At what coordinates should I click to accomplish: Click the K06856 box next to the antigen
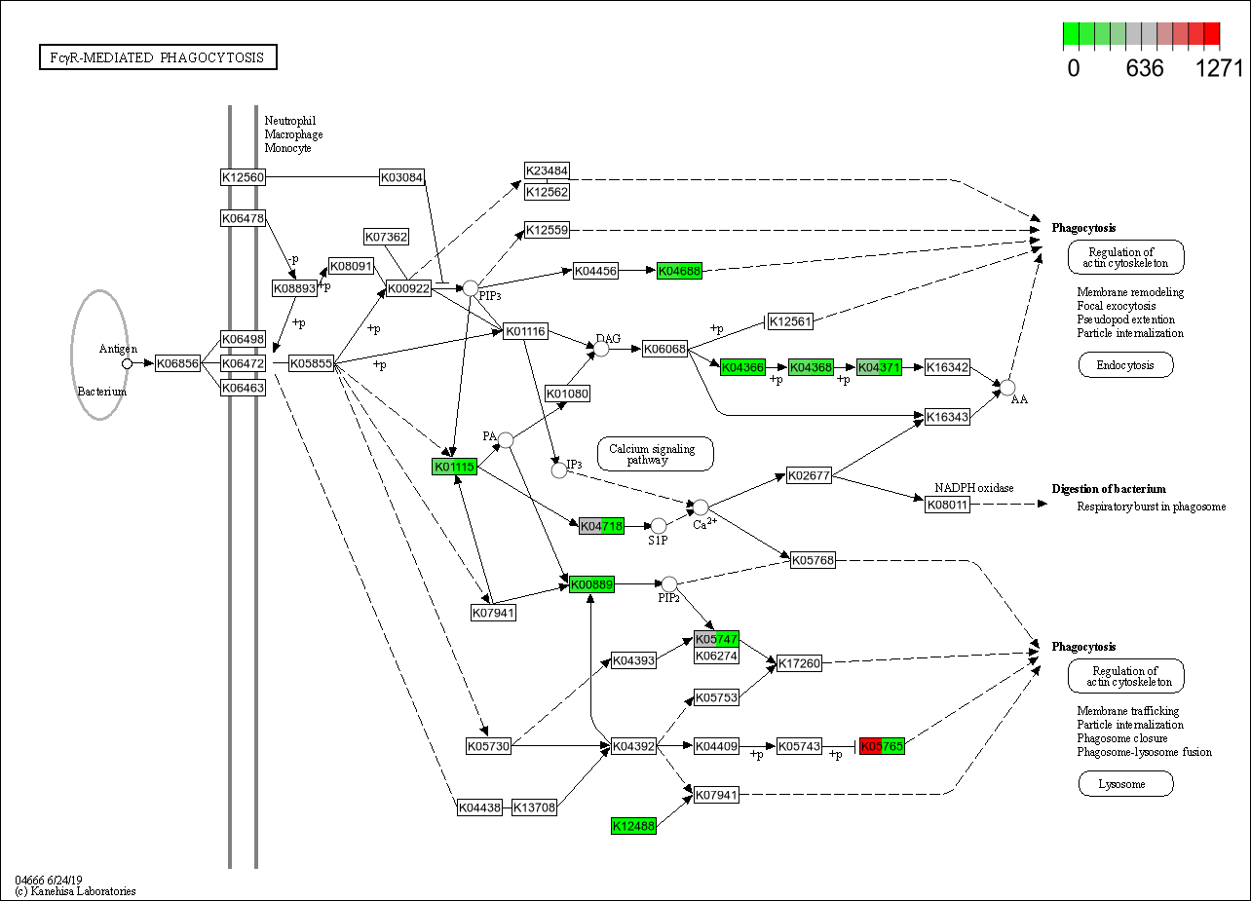coord(177,363)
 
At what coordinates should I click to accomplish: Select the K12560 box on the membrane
coord(243,177)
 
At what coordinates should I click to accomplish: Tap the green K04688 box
coord(679,270)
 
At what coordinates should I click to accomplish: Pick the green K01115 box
coord(454,467)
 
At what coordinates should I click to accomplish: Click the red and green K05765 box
coord(882,746)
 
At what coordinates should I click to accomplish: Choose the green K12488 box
coord(633,826)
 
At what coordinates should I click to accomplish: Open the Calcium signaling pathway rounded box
coord(655,454)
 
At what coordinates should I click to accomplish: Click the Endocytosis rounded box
coord(1125,365)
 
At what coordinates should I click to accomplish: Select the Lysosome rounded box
coord(1125,783)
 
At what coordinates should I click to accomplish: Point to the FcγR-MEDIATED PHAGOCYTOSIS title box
coord(158,57)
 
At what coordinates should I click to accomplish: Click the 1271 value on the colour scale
coord(1219,69)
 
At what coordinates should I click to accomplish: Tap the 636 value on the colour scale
coord(1145,69)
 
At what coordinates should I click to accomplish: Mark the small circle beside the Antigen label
coord(127,363)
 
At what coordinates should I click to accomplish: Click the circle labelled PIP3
coord(470,288)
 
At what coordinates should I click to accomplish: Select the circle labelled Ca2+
coord(700,507)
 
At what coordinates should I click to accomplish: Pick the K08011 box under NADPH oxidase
coord(947,504)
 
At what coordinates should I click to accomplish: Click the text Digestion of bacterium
coord(1108,489)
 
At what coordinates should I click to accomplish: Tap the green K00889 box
coord(591,584)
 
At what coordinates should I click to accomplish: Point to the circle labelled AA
coord(1007,388)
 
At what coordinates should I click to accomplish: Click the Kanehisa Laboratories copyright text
coord(75,891)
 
